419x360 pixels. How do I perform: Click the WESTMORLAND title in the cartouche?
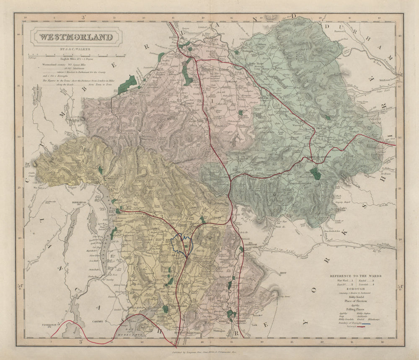76,37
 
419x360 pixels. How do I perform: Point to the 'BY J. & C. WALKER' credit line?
76,49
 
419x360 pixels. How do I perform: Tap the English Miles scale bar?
76,55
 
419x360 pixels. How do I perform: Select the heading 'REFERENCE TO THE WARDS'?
361,276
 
